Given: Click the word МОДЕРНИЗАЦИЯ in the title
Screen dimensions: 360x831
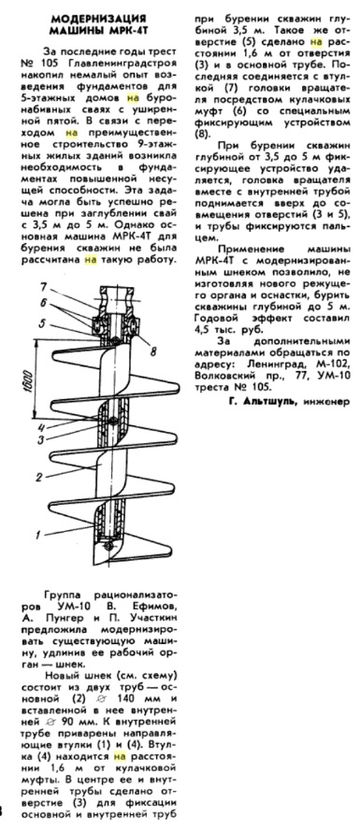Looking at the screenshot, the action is pos(98,20).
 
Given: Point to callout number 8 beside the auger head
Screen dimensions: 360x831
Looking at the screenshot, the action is pos(139,350).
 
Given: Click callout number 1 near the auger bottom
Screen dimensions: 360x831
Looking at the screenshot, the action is pos(38,536).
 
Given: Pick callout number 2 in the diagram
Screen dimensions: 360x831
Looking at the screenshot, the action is pos(38,477).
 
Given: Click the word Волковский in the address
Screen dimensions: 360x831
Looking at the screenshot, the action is pos(220,375).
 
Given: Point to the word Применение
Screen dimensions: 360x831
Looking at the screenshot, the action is pos(243,249).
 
